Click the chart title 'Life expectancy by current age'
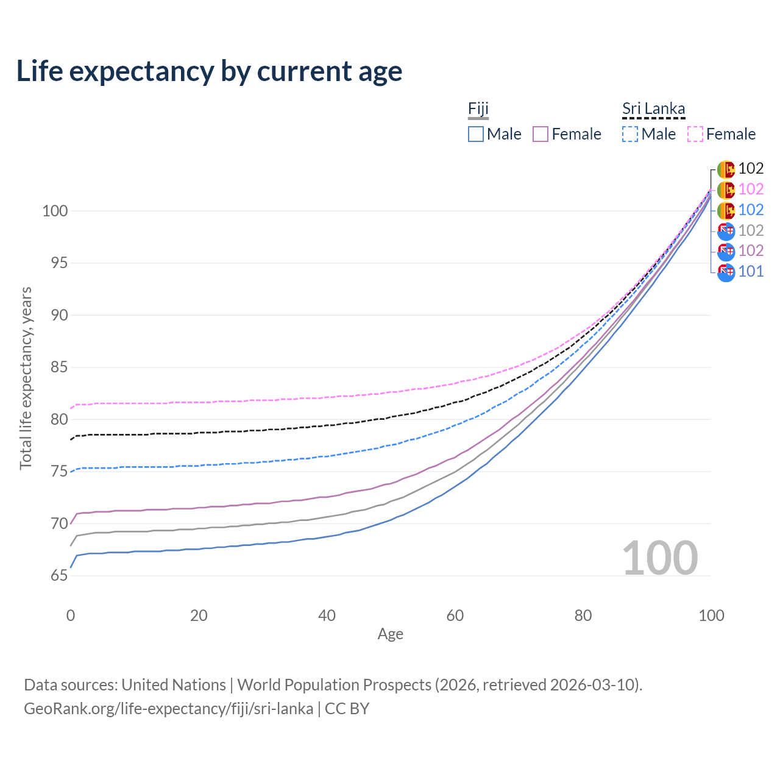point(209,72)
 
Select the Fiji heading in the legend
point(478,108)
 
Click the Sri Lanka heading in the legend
point(653,108)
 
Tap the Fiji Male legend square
point(475,134)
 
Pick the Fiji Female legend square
point(541,134)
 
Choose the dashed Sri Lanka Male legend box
point(630,134)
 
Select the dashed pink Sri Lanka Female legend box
point(695,134)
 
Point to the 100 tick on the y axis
point(55,211)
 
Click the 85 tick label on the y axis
point(59,367)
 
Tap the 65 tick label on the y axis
point(59,575)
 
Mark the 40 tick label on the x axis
point(327,615)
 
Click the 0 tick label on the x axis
point(71,615)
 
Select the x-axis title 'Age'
point(390,634)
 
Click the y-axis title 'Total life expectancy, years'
point(26,378)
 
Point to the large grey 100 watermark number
point(660,558)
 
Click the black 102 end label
point(751,168)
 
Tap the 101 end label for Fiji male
point(751,271)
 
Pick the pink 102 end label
point(751,189)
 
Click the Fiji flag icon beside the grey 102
point(726,231)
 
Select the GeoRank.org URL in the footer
point(168,709)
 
